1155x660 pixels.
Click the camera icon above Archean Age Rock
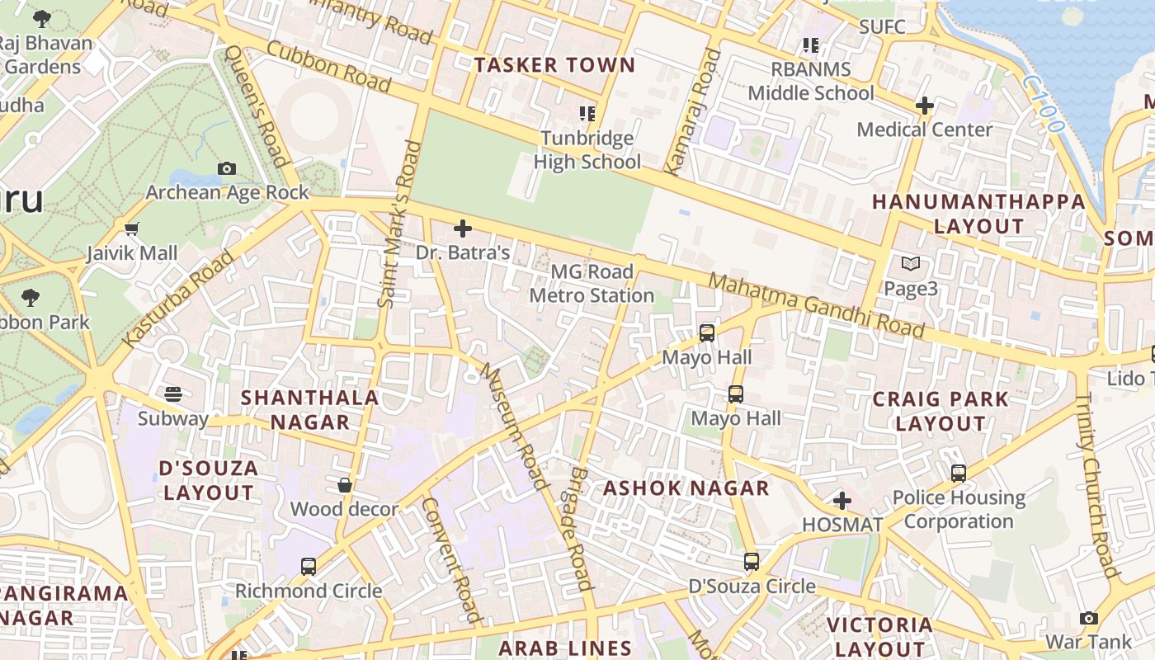[227, 168]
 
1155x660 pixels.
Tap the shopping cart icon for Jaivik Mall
[131, 229]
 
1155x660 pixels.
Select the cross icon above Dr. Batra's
[463, 228]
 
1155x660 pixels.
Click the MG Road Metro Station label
[592, 283]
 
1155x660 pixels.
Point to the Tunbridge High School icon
[587, 114]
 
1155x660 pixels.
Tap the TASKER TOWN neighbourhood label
[554, 65]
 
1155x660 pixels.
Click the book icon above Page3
[910, 264]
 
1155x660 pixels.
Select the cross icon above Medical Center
[924, 106]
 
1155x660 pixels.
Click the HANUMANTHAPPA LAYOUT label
[978, 214]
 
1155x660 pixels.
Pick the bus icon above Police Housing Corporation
[958, 474]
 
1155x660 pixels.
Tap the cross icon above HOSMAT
[841, 501]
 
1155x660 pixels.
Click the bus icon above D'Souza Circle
[751, 562]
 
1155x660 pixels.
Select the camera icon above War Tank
[1088, 618]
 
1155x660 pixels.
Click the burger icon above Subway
[172, 394]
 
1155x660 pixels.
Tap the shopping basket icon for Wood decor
[345, 485]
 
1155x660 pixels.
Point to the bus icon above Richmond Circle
[308, 567]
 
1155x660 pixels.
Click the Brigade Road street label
[581, 528]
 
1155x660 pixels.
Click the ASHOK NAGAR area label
[686, 488]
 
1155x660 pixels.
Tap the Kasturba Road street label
[178, 299]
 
